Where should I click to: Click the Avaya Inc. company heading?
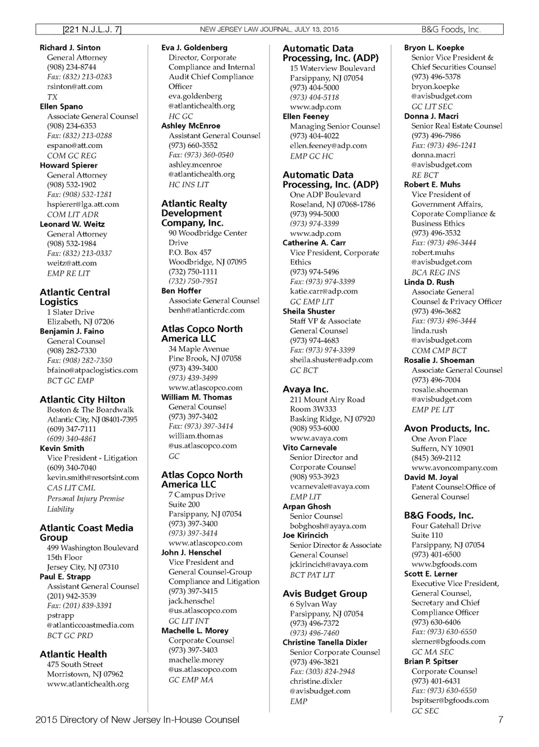[305, 389]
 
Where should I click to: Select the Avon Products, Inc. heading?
[446, 428]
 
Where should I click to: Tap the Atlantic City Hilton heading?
[82, 400]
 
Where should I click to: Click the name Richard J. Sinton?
[70, 47]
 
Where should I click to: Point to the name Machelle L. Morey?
[195, 631]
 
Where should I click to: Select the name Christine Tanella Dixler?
[325, 642]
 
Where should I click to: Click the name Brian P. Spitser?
[431, 661]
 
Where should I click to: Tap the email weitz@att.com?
[72, 263]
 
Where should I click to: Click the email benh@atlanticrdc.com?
[206, 310]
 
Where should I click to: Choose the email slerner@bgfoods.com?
[448, 641]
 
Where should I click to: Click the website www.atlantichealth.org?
[88, 684]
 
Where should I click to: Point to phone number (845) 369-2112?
[436, 458]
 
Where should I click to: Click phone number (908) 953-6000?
[314, 428]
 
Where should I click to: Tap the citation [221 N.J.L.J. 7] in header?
[92, 30]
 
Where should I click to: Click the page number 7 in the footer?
[500, 720]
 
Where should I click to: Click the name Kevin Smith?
[62, 448]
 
